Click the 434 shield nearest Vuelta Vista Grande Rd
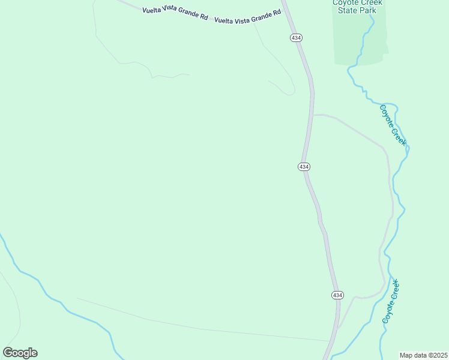tap(295, 37)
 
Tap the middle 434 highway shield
tap(304, 166)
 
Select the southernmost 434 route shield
tap(337, 295)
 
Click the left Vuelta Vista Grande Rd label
tap(175, 14)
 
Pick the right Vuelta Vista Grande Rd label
tap(248, 16)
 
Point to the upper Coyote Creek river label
tap(393, 125)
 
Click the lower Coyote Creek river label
tap(391, 302)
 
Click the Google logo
tap(20, 352)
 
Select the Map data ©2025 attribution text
tap(423, 355)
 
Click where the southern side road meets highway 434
tap(337, 328)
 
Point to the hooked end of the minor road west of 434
tap(292, 94)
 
